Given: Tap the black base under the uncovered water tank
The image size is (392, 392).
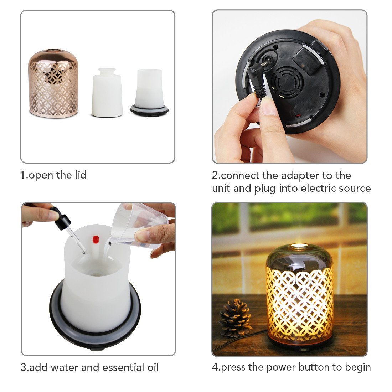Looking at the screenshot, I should coord(149,110).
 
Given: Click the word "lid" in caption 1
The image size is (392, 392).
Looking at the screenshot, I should coord(79,175).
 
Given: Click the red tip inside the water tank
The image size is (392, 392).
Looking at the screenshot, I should coord(96,239).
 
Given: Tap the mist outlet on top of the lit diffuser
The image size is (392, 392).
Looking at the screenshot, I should coord(299,246).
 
